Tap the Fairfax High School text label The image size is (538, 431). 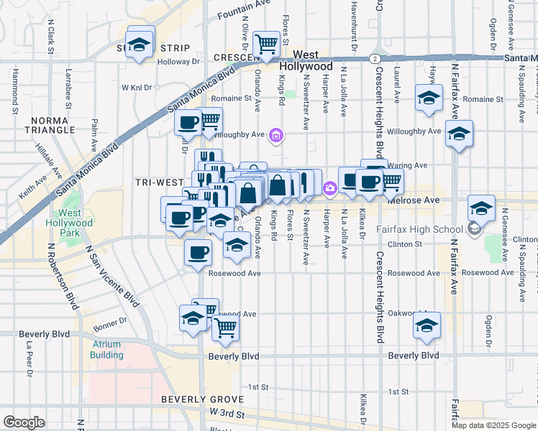(x=419, y=230)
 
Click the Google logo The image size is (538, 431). (x=24, y=422)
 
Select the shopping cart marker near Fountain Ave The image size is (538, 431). (x=267, y=44)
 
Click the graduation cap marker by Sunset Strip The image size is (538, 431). (x=140, y=40)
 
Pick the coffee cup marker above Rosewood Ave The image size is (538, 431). (x=198, y=251)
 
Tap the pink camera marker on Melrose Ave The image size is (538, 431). (x=329, y=188)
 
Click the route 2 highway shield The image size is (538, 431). (x=375, y=58)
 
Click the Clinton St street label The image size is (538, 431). (x=405, y=244)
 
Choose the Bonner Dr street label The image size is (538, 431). (x=110, y=323)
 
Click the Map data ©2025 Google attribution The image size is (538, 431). (x=493, y=425)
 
